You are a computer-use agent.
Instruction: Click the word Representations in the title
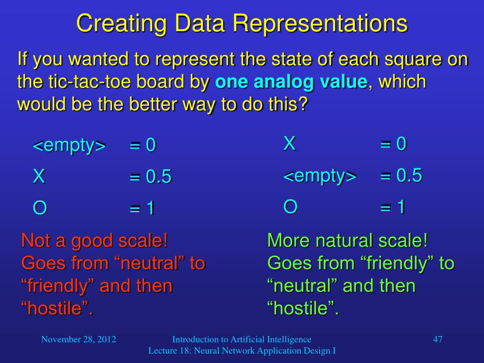point(320,23)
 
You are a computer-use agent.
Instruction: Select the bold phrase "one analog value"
point(291,82)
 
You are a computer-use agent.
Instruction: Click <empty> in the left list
point(69,146)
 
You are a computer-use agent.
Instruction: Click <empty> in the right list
point(320,176)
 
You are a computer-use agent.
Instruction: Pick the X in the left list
point(39,176)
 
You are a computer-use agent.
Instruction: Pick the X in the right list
point(290,143)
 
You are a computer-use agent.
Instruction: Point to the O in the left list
point(40,208)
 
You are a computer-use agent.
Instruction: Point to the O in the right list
point(291,207)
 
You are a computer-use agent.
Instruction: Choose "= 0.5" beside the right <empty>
point(401,175)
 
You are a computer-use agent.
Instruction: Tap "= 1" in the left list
point(142,208)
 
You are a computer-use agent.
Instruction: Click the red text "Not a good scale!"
point(95,241)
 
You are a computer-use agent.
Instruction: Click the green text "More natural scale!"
point(347,240)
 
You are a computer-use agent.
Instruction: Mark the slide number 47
point(438,339)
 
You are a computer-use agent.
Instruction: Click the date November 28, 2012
point(79,339)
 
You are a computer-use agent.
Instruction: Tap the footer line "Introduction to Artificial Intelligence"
point(242,339)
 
